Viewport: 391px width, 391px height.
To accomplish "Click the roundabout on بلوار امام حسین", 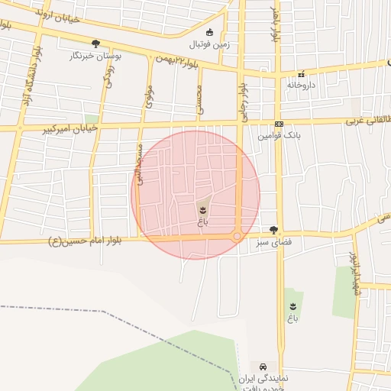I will point(238,238).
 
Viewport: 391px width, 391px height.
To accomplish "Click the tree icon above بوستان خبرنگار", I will point(95,44).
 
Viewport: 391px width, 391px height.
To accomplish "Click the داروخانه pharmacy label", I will point(301,85).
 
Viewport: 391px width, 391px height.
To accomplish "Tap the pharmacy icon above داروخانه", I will point(302,74).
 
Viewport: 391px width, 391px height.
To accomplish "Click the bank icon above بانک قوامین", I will point(279,124).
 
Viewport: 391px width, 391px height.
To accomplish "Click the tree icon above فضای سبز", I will point(273,230).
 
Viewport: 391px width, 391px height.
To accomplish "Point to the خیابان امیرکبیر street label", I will point(70,129).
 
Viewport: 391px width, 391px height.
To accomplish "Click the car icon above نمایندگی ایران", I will point(263,367).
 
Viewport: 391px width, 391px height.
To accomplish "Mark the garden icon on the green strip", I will point(292,306).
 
